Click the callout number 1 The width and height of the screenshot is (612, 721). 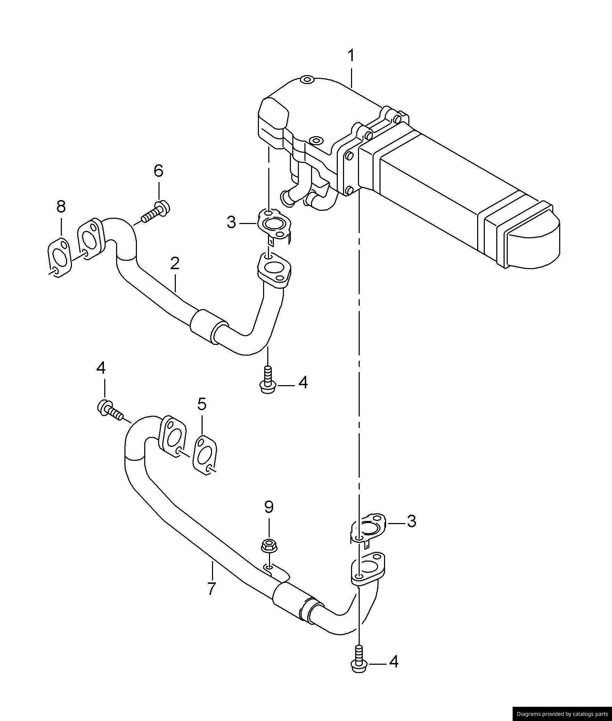click(351, 56)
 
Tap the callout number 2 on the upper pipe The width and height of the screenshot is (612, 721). click(175, 264)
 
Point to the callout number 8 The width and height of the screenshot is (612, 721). click(61, 207)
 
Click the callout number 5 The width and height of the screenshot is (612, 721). click(202, 404)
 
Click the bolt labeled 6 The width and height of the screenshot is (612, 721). click(156, 211)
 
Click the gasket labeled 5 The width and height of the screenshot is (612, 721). click(205, 455)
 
